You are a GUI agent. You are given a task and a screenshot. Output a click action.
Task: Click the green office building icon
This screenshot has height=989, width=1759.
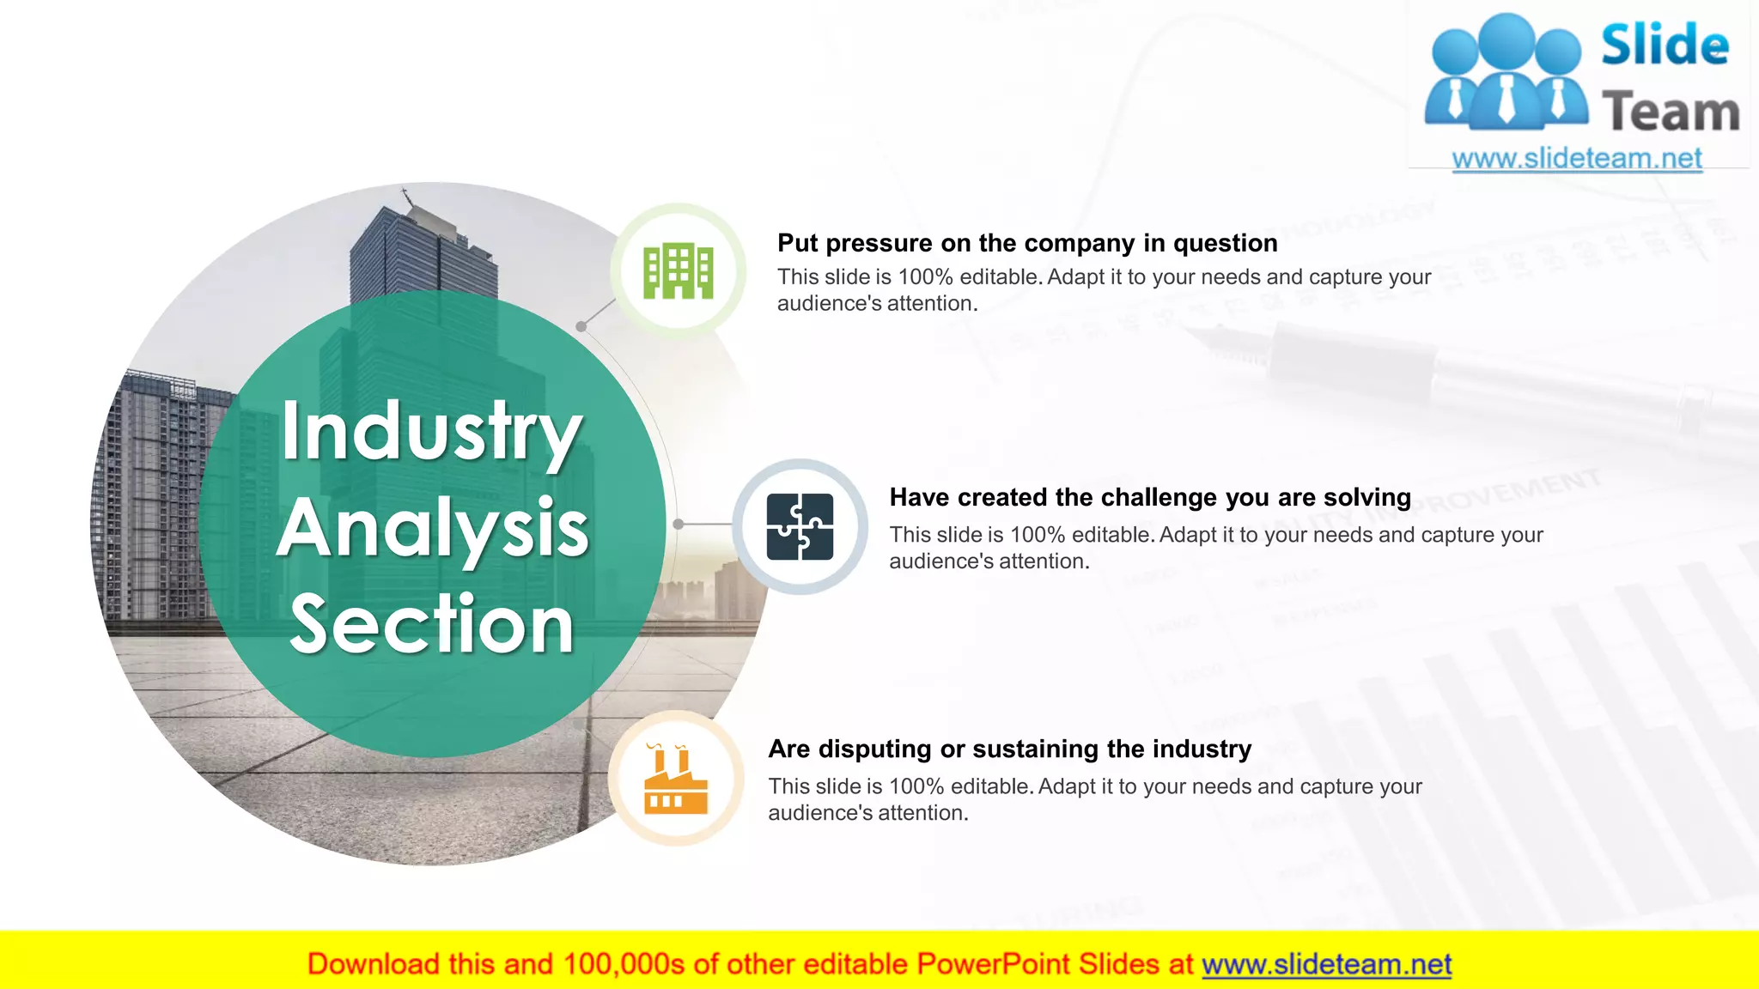(x=679, y=271)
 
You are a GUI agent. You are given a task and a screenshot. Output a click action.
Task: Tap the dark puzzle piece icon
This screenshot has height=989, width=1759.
(x=800, y=526)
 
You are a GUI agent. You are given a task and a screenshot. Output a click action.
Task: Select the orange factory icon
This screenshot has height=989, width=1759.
(x=676, y=780)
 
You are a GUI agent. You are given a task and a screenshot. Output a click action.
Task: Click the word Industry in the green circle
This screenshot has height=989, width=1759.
(x=432, y=432)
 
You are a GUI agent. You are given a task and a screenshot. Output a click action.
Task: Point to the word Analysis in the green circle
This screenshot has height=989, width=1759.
(x=432, y=528)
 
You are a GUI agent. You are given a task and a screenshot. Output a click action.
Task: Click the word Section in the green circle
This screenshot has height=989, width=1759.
(x=432, y=624)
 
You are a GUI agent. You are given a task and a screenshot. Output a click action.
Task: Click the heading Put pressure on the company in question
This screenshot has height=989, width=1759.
(x=1027, y=243)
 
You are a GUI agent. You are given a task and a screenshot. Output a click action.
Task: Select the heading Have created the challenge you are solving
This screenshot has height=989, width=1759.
(x=1150, y=497)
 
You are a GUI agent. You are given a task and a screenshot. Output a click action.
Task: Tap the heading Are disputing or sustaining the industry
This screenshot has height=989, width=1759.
(x=1009, y=749)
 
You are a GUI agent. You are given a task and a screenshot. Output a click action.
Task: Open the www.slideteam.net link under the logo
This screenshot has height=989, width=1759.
(x=1577, y=159)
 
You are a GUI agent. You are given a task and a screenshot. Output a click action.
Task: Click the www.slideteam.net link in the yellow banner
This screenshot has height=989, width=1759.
(x=1326, y=964)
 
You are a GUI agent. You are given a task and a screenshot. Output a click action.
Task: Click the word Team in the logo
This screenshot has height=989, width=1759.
(x=1671, y=112)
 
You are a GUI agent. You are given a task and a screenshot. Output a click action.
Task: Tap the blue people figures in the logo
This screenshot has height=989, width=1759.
(x=1506, y=73)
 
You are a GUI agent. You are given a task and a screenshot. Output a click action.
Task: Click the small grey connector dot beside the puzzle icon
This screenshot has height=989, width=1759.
(x=679, y=524)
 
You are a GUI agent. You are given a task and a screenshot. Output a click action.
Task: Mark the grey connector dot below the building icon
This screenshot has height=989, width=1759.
(x=581, y=326)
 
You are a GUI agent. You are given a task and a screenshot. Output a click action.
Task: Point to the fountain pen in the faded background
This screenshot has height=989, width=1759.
(x=1460, y=378)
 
